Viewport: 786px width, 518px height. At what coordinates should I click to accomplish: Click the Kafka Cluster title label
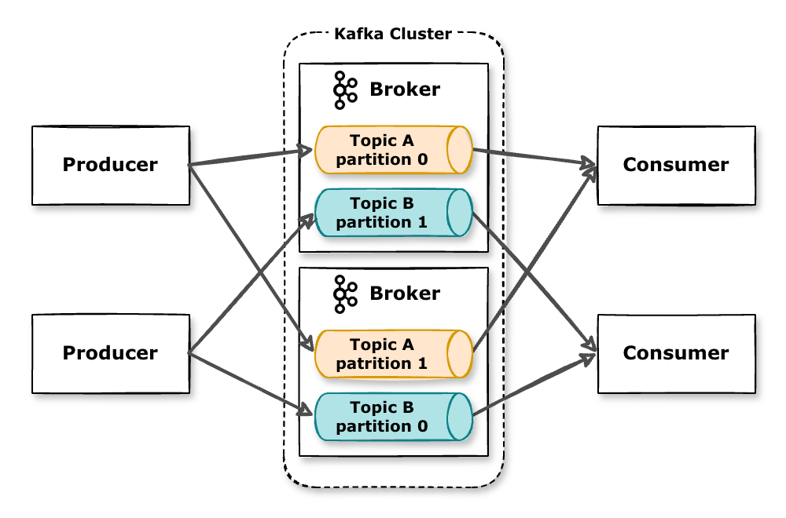click(x=393, y=34)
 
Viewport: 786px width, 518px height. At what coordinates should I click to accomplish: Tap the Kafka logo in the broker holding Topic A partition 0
click(x=344, y=89)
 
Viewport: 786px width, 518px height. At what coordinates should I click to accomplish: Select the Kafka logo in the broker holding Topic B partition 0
click(x=344, y=294)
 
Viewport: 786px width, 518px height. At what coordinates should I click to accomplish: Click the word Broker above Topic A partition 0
click(x=405, y=89)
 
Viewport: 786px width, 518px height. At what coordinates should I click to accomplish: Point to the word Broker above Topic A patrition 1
click(x=405, y=294)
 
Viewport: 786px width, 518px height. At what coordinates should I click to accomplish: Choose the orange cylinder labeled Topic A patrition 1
click(x=385, y=354)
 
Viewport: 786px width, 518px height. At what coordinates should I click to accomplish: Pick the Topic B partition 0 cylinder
click(x=385, y=417)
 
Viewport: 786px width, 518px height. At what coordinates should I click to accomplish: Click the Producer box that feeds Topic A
click(x=110, y=165)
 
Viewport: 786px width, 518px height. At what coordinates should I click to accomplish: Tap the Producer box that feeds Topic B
click(x=110, y=353)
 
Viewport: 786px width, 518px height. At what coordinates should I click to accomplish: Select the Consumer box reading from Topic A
click(x=676, y=165)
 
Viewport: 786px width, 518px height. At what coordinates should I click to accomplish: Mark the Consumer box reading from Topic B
click(x=676, y=353)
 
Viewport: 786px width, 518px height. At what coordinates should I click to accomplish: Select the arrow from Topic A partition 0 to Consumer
click(x=534, y=158)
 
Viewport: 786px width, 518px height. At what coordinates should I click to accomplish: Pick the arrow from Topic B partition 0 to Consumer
click(x=534, y=384)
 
